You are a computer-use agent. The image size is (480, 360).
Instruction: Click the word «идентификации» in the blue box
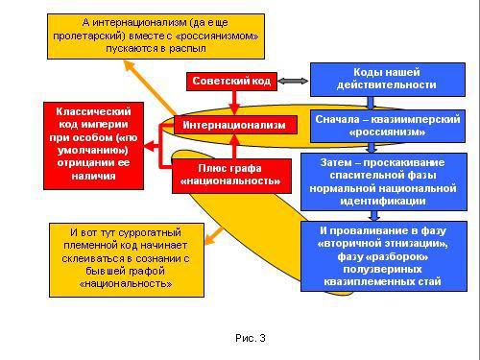(387, 203)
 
